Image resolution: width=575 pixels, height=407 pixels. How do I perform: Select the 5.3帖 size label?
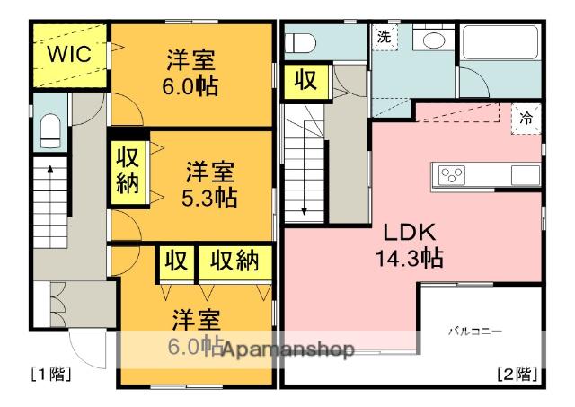(211, 198)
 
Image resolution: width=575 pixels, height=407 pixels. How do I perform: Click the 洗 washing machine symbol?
(384, 38)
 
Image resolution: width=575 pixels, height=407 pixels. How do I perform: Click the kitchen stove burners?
(450, 174)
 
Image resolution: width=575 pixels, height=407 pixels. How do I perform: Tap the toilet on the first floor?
(49, 131)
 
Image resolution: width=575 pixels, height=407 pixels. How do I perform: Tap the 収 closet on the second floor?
(305, 82)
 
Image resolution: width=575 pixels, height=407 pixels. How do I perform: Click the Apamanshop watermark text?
(287, 349)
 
